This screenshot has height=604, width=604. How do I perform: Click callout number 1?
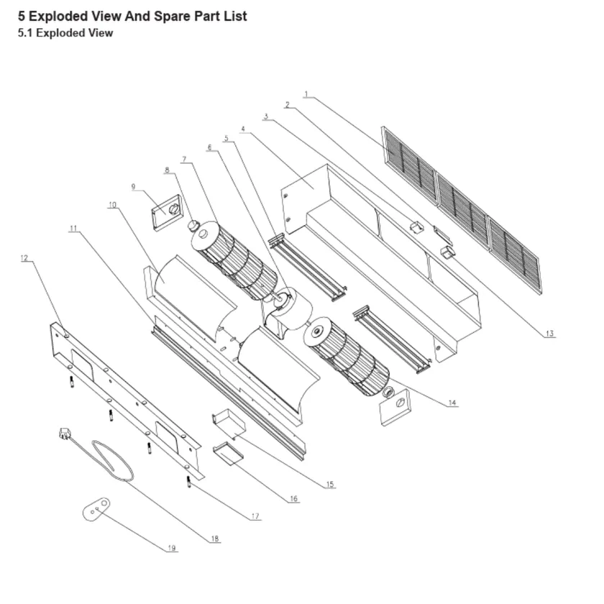(x=306, y=94)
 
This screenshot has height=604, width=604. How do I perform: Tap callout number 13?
(x=549, y=334)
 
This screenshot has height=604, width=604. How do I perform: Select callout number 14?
(x=452, y=403)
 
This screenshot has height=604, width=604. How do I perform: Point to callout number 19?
(x=171, y=548)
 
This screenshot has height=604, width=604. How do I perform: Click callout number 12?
(x=24, y=257)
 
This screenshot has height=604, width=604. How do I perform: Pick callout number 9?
(x=133, y=187)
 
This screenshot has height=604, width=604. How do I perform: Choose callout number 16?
(x=293, y=498)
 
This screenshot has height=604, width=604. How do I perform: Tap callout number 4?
(x=243, y=129)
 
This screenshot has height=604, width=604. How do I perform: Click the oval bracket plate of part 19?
(x=96, y=509)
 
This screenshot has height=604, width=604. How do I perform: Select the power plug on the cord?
(x=65, y=434)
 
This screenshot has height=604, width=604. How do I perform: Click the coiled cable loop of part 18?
(x=112, y=460)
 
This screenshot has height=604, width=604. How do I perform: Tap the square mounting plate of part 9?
(x=166, y=213)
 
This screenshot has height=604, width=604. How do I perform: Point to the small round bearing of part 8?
(x=193, y=224)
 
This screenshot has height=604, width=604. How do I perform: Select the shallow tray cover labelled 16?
(x=228, y=453)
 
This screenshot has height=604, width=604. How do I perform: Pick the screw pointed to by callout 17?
(x=188, y=482)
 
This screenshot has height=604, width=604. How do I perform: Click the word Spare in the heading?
(x=171, y=16)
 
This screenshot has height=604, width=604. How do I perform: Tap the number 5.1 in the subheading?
(x=25, y=33)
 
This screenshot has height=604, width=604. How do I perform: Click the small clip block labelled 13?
(x=447, y=252)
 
